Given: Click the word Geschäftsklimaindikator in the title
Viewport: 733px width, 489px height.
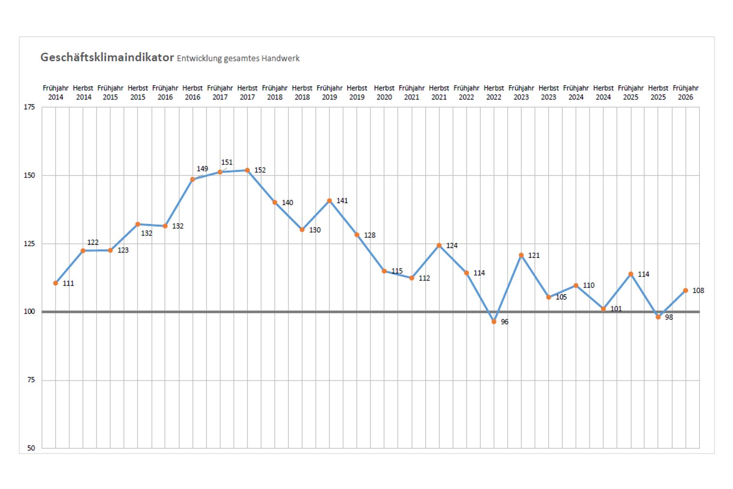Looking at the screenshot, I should click(x=107, y=57).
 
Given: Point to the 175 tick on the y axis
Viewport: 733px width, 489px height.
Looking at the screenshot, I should click(x=29, y=107).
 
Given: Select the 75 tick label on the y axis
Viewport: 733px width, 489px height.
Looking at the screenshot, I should click(x=31, y=380).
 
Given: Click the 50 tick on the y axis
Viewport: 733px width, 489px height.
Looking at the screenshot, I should click(x=31, y=448).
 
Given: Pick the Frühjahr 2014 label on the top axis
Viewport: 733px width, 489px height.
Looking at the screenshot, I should click(x=55, y=92).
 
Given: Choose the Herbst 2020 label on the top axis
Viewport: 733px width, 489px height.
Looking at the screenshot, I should click(x=384, y=92).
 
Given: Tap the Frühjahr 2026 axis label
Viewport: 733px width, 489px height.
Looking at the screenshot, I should click(x=685, y=92).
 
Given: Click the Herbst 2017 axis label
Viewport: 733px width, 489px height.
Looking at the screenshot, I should click(x=247, y=92).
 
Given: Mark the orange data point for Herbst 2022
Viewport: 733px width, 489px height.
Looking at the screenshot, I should click(x=494, y=321).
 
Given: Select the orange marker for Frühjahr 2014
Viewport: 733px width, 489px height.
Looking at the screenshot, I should click(x=55, y=283).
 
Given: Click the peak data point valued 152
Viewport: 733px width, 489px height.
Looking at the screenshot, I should click(x=247, y=170).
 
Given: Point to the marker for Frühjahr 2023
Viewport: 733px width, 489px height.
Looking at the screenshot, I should click(x=521, y=255).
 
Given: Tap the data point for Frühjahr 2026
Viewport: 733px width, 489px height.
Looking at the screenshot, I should click(x=685, y=291).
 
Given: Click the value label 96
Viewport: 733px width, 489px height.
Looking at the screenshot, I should click(x=504, y=322).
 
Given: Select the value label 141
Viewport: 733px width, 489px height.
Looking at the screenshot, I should click(x=342, y=201).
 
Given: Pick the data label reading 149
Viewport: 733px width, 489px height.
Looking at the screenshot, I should click(x=202, y=169).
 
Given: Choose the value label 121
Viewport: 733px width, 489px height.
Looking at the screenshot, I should click(x=534, y=255).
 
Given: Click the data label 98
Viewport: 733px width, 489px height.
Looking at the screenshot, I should click(x=669, y=317).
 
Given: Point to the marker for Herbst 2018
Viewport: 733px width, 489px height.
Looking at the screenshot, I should click(x=302, y=230).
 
